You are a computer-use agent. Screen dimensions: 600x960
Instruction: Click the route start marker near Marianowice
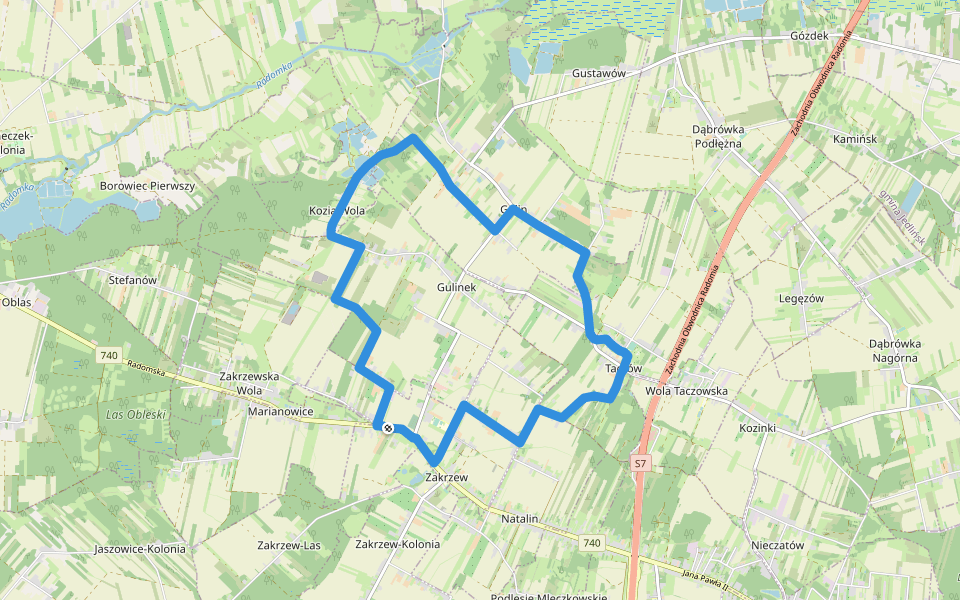(387, 428)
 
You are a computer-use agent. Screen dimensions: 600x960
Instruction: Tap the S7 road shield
(641, 463)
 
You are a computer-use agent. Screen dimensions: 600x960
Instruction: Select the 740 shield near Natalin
(592, 543)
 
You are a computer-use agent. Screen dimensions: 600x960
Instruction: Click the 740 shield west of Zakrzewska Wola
(109, 355)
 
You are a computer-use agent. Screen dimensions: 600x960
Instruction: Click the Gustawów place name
(599, 74)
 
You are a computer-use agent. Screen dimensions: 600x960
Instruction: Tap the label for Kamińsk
(854, 139)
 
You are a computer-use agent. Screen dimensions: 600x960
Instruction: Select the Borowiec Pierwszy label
(147, 186)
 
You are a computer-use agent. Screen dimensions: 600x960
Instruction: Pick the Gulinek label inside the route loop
(456, 287)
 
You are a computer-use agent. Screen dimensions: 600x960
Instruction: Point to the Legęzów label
(800, 298)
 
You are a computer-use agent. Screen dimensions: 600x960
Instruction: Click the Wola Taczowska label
(687, 391)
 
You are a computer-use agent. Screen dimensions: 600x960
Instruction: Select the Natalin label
(520, 519)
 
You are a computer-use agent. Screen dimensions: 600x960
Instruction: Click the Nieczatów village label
(777, 545)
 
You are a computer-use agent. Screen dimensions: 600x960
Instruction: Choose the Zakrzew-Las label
(289, 545)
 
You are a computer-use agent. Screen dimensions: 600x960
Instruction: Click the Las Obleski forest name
(137, 414)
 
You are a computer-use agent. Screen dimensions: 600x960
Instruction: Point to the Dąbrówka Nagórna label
(896, 350)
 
